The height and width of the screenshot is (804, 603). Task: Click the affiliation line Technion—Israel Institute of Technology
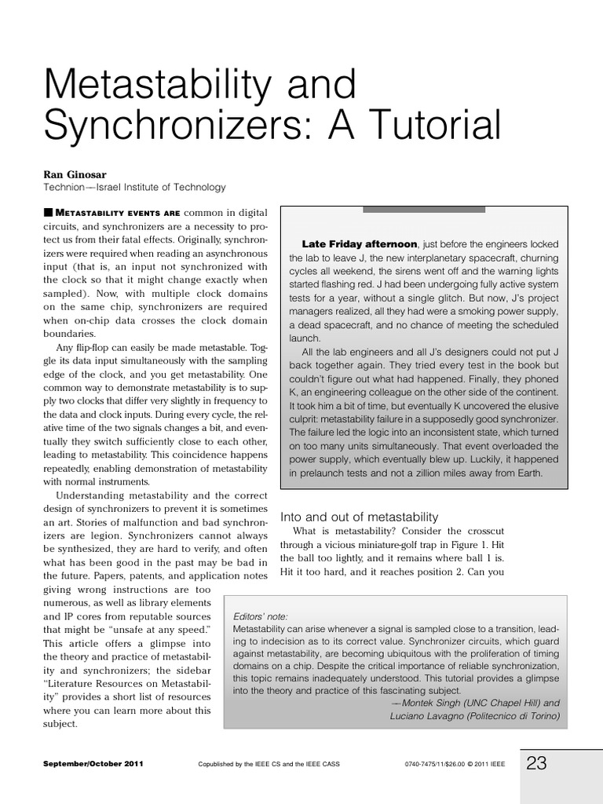(134, 188)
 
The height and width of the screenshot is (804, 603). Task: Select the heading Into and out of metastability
(360, 517)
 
